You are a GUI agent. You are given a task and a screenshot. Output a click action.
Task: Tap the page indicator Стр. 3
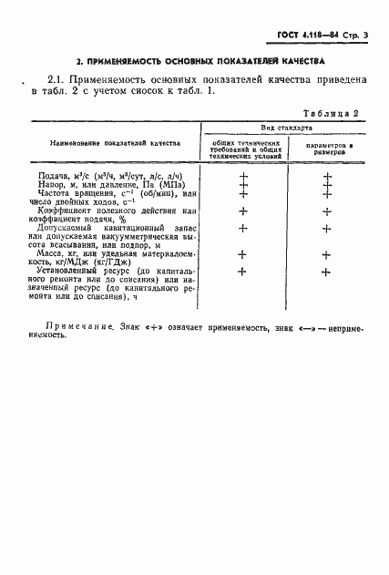tap(360, 35)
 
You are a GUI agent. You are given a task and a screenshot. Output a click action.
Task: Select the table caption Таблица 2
tap(332, 113)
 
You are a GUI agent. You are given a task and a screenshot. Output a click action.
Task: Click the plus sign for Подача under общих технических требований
tap(243, 175)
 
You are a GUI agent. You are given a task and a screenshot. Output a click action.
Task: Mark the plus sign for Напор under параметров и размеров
tap(326, 185)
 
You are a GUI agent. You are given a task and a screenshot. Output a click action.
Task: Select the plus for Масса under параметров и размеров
tap(326, 254)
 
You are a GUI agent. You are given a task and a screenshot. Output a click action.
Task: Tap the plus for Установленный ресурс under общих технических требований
tap(243, 272)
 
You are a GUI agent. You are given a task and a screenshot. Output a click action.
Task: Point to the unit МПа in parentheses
tap(168, 184)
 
